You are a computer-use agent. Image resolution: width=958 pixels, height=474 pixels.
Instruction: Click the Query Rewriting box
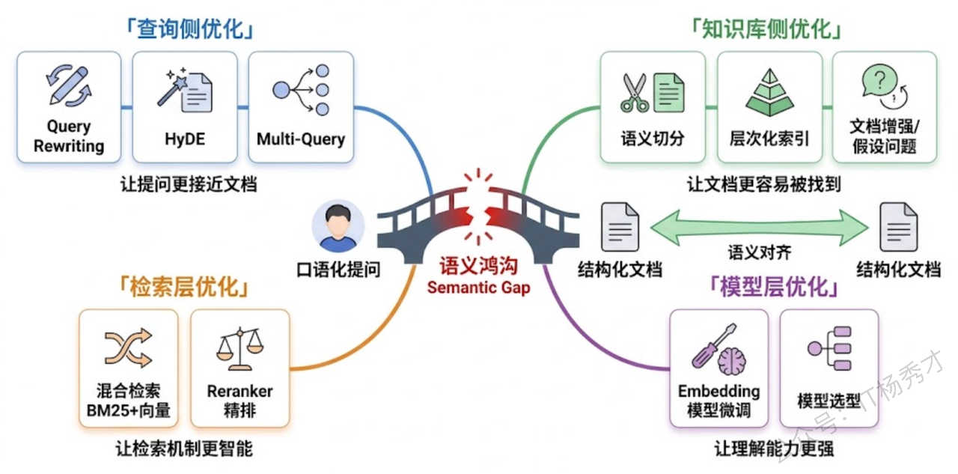click(69, 107)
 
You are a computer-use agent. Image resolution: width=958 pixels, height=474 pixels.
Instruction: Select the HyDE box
click(185, 107)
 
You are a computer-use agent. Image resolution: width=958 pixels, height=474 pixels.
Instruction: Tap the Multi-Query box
click(301, 107)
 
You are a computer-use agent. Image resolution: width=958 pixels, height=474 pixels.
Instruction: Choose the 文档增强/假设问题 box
click(884, 107)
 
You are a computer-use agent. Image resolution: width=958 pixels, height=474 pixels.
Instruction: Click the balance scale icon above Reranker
click(240, 349)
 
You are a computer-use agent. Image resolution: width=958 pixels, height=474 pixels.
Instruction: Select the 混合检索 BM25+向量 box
click(128, 368)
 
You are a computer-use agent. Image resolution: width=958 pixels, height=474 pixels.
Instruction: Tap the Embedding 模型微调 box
click(718, 368)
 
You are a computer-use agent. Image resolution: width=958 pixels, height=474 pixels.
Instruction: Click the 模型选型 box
click(829, 368)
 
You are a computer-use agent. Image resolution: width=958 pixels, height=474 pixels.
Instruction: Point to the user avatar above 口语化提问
click(338, 225)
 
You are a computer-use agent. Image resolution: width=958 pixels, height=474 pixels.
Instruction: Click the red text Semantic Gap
click(478, 288)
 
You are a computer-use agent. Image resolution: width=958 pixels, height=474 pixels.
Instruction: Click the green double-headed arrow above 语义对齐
click(759, 225)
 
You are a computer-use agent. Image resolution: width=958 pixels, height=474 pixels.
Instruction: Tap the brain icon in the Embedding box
click(731, 362)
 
